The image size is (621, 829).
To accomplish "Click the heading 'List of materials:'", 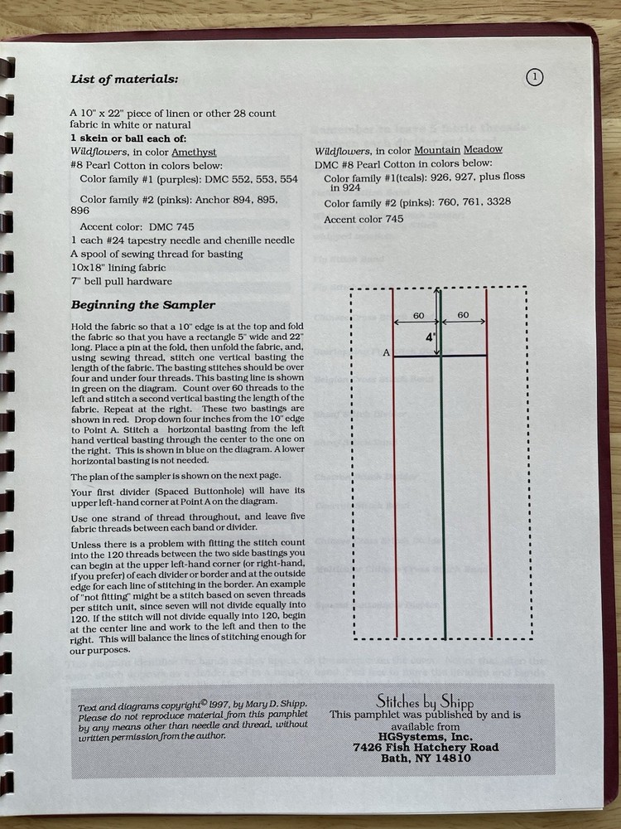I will [123, 80].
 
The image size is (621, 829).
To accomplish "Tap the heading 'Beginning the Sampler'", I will [142, 304].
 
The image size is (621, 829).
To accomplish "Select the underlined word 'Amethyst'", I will [195, 153].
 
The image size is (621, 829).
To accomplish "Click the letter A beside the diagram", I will [386, 353].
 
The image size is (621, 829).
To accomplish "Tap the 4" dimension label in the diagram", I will [431, 338].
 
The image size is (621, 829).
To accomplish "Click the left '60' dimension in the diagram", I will [418, 316].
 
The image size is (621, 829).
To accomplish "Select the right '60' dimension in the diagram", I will [463, 316].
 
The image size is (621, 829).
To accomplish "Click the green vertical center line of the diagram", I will [442, 497].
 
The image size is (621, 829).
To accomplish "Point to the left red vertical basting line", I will [395, 497].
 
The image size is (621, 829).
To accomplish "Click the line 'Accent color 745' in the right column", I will [363, 220].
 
